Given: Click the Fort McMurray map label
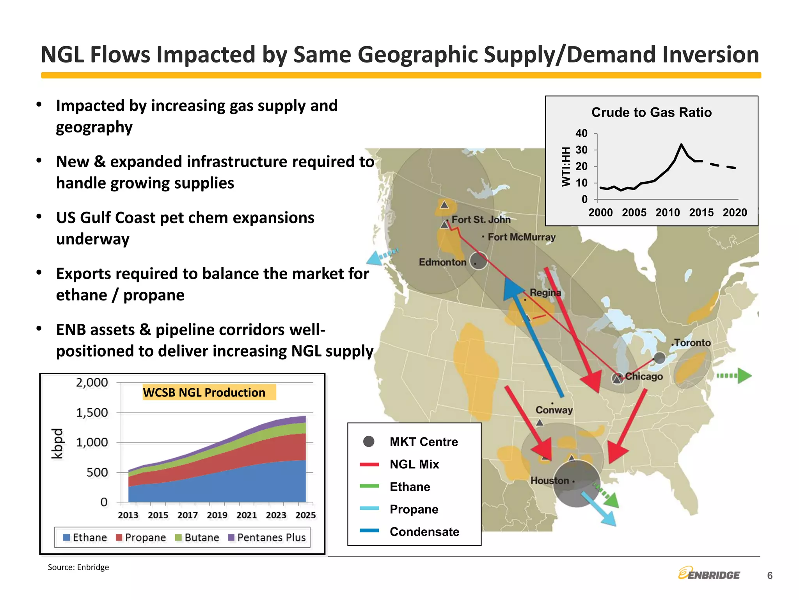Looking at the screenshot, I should [x=521, y=237].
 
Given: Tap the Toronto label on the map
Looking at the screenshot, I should [x=692, y=343].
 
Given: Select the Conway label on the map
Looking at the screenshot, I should [x=554, y=410].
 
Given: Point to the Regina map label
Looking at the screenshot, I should [x=545, y=293].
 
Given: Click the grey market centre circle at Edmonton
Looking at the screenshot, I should [x=478, y=261].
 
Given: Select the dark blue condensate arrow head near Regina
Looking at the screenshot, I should [x=512, y=288].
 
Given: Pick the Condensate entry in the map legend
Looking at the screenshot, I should [x=424, y=532].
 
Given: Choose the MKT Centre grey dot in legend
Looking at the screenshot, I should [x=369, y=441].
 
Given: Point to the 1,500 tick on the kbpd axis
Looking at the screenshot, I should [x=92, y=412].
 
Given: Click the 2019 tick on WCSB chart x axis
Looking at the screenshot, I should [x=217, y=515].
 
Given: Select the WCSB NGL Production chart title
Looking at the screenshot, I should [x=204, y=392].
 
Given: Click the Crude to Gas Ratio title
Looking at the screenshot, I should [x=651, y=112].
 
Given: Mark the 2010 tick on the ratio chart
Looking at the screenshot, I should [x=667, y=212].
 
